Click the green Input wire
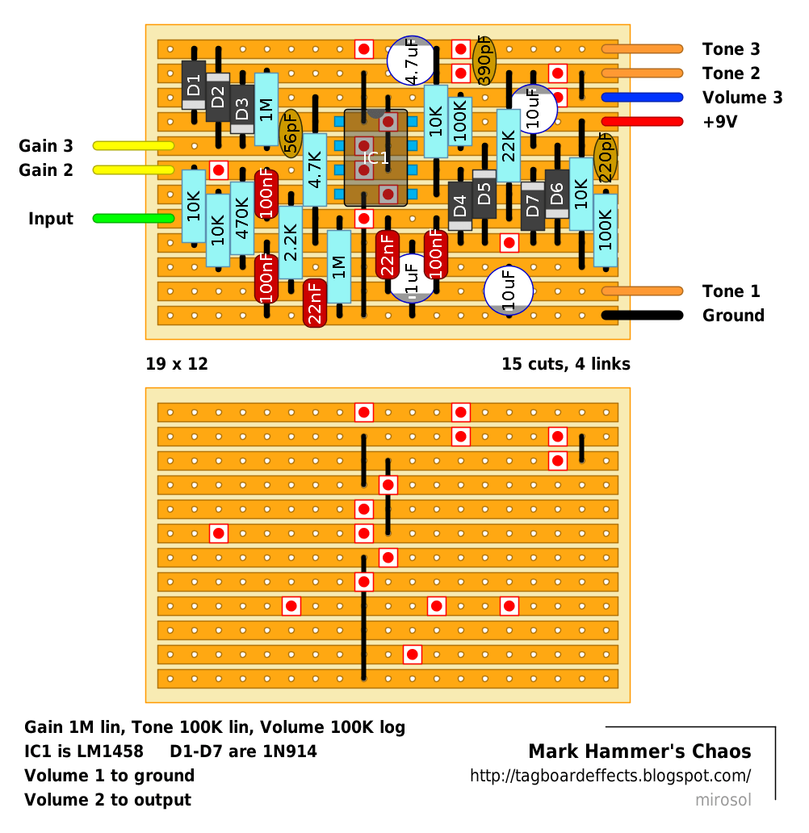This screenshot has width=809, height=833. [133, 219]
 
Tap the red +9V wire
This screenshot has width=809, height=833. [642, 122]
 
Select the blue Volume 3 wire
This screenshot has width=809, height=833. [642, 97]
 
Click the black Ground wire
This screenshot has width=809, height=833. [642, 316]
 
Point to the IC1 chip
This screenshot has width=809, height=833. [375, 157]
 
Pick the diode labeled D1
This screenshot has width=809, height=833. [194, 85]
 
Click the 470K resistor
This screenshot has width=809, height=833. [242, 211]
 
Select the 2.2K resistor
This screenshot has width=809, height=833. [291, 242]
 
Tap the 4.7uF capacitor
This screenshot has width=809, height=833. [412, 61]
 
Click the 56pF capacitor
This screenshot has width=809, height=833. [291, 134]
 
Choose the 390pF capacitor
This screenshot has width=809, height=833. [484, 61]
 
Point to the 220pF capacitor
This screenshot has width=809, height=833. [606, 157]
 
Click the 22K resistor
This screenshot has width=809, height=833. [509, 145]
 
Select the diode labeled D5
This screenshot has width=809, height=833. [484, 194]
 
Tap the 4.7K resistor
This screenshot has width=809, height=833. [315, 170]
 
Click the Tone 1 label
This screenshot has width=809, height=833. [731, 291]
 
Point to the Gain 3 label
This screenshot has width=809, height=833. [46, 145]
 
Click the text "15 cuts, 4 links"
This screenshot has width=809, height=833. [566, 364]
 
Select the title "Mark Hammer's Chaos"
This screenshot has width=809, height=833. [640, 751]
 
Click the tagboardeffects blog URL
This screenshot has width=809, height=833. [610, 776]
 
